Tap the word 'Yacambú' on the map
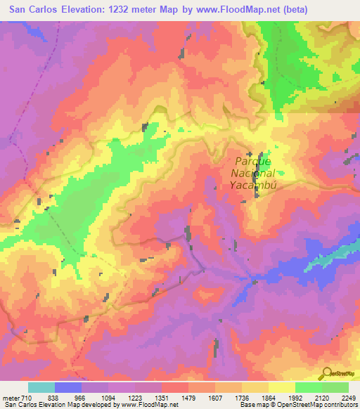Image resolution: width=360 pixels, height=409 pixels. click(250, 186)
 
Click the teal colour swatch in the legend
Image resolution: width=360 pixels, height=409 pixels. click(41, 387)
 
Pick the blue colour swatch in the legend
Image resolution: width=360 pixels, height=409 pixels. click(68, 387)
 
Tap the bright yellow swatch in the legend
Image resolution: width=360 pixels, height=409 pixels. click(282, 387)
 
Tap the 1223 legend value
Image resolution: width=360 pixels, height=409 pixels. click(135, 397)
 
